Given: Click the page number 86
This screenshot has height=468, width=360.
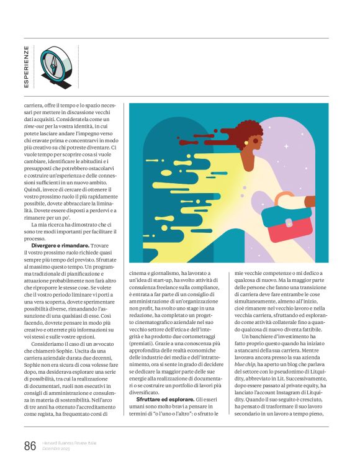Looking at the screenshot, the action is pos(29,445).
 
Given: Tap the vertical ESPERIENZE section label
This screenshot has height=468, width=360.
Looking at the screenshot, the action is pos(26,66).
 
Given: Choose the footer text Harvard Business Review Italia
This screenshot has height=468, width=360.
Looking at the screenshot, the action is pos(70,443).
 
